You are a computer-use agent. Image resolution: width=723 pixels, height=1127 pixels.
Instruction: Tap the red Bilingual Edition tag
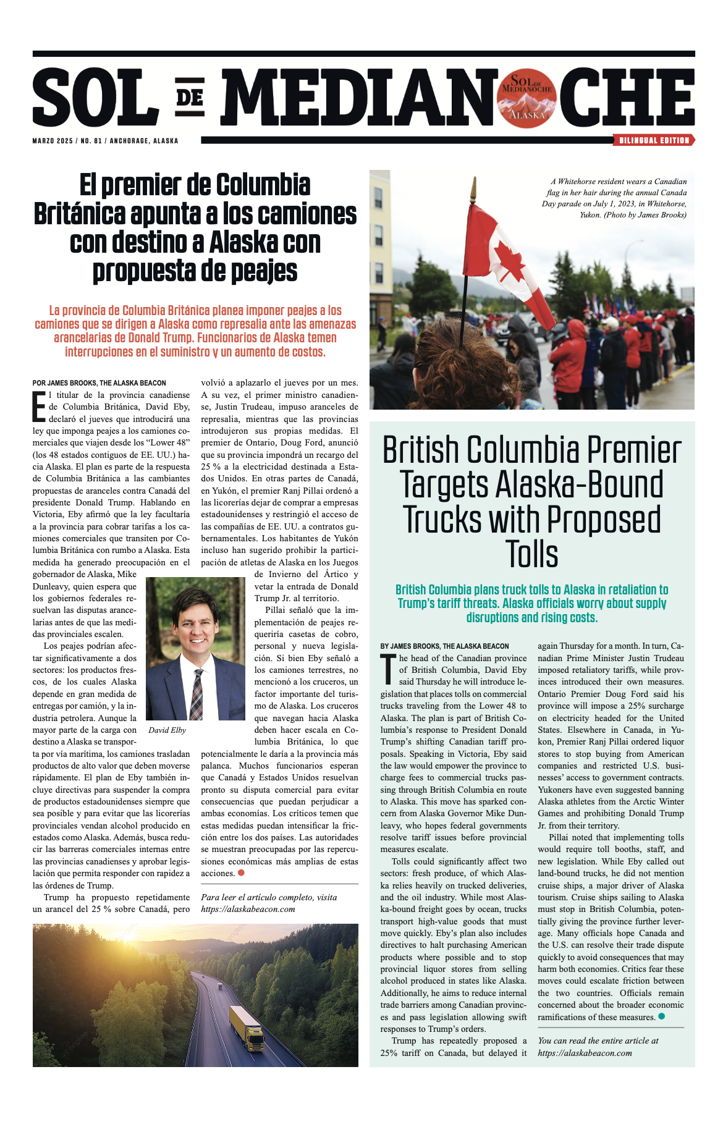(654, 140)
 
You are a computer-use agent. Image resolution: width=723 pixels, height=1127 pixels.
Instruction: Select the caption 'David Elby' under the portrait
(167, 730)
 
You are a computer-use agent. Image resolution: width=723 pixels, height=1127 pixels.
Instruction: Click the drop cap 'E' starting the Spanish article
(39, 406)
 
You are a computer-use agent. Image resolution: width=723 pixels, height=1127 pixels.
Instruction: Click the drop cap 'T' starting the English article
(388, 669)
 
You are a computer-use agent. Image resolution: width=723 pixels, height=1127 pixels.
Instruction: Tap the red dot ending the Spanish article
(241, 872)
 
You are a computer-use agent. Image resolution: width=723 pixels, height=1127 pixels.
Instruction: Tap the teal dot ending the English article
(662, 1016)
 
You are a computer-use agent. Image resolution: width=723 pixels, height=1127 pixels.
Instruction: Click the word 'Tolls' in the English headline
(531, 554)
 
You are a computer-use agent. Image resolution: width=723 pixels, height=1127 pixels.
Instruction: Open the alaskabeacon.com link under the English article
(585, 1053)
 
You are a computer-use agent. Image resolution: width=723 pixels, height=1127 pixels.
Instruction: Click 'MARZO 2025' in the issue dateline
(53, 141)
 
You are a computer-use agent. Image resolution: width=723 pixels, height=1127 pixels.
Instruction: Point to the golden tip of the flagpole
(473, 185)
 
